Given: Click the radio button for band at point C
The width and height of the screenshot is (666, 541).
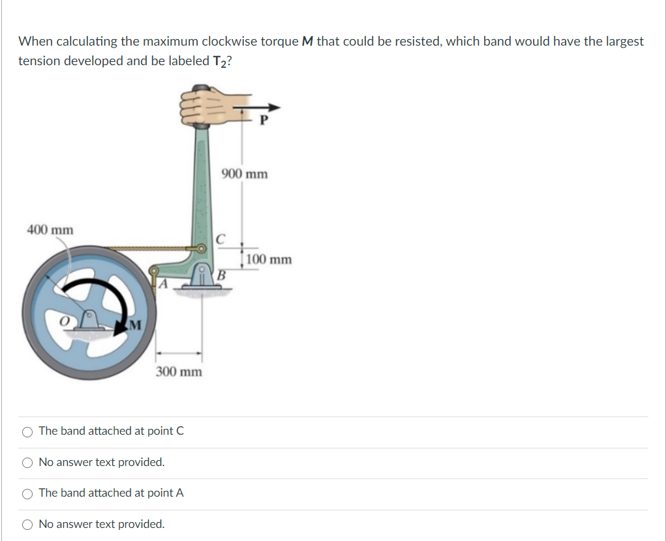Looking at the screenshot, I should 27,431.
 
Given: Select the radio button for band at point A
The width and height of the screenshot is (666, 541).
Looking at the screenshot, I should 27,493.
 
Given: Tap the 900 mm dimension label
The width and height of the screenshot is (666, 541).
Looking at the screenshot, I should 245,174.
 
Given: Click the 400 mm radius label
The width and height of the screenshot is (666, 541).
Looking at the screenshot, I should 50,229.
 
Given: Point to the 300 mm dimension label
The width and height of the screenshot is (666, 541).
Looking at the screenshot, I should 179,372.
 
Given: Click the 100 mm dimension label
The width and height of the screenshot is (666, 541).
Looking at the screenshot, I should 269,259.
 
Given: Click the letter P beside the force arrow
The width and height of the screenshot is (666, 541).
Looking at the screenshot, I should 264,121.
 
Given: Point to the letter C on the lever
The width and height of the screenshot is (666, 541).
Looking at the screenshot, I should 220,238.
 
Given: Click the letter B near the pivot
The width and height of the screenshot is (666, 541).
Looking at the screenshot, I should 220,275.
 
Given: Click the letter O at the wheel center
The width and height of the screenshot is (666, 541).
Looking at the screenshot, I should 64,321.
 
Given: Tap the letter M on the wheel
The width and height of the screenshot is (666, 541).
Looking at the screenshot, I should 134,324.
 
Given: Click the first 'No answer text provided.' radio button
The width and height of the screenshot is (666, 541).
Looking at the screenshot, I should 27,463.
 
